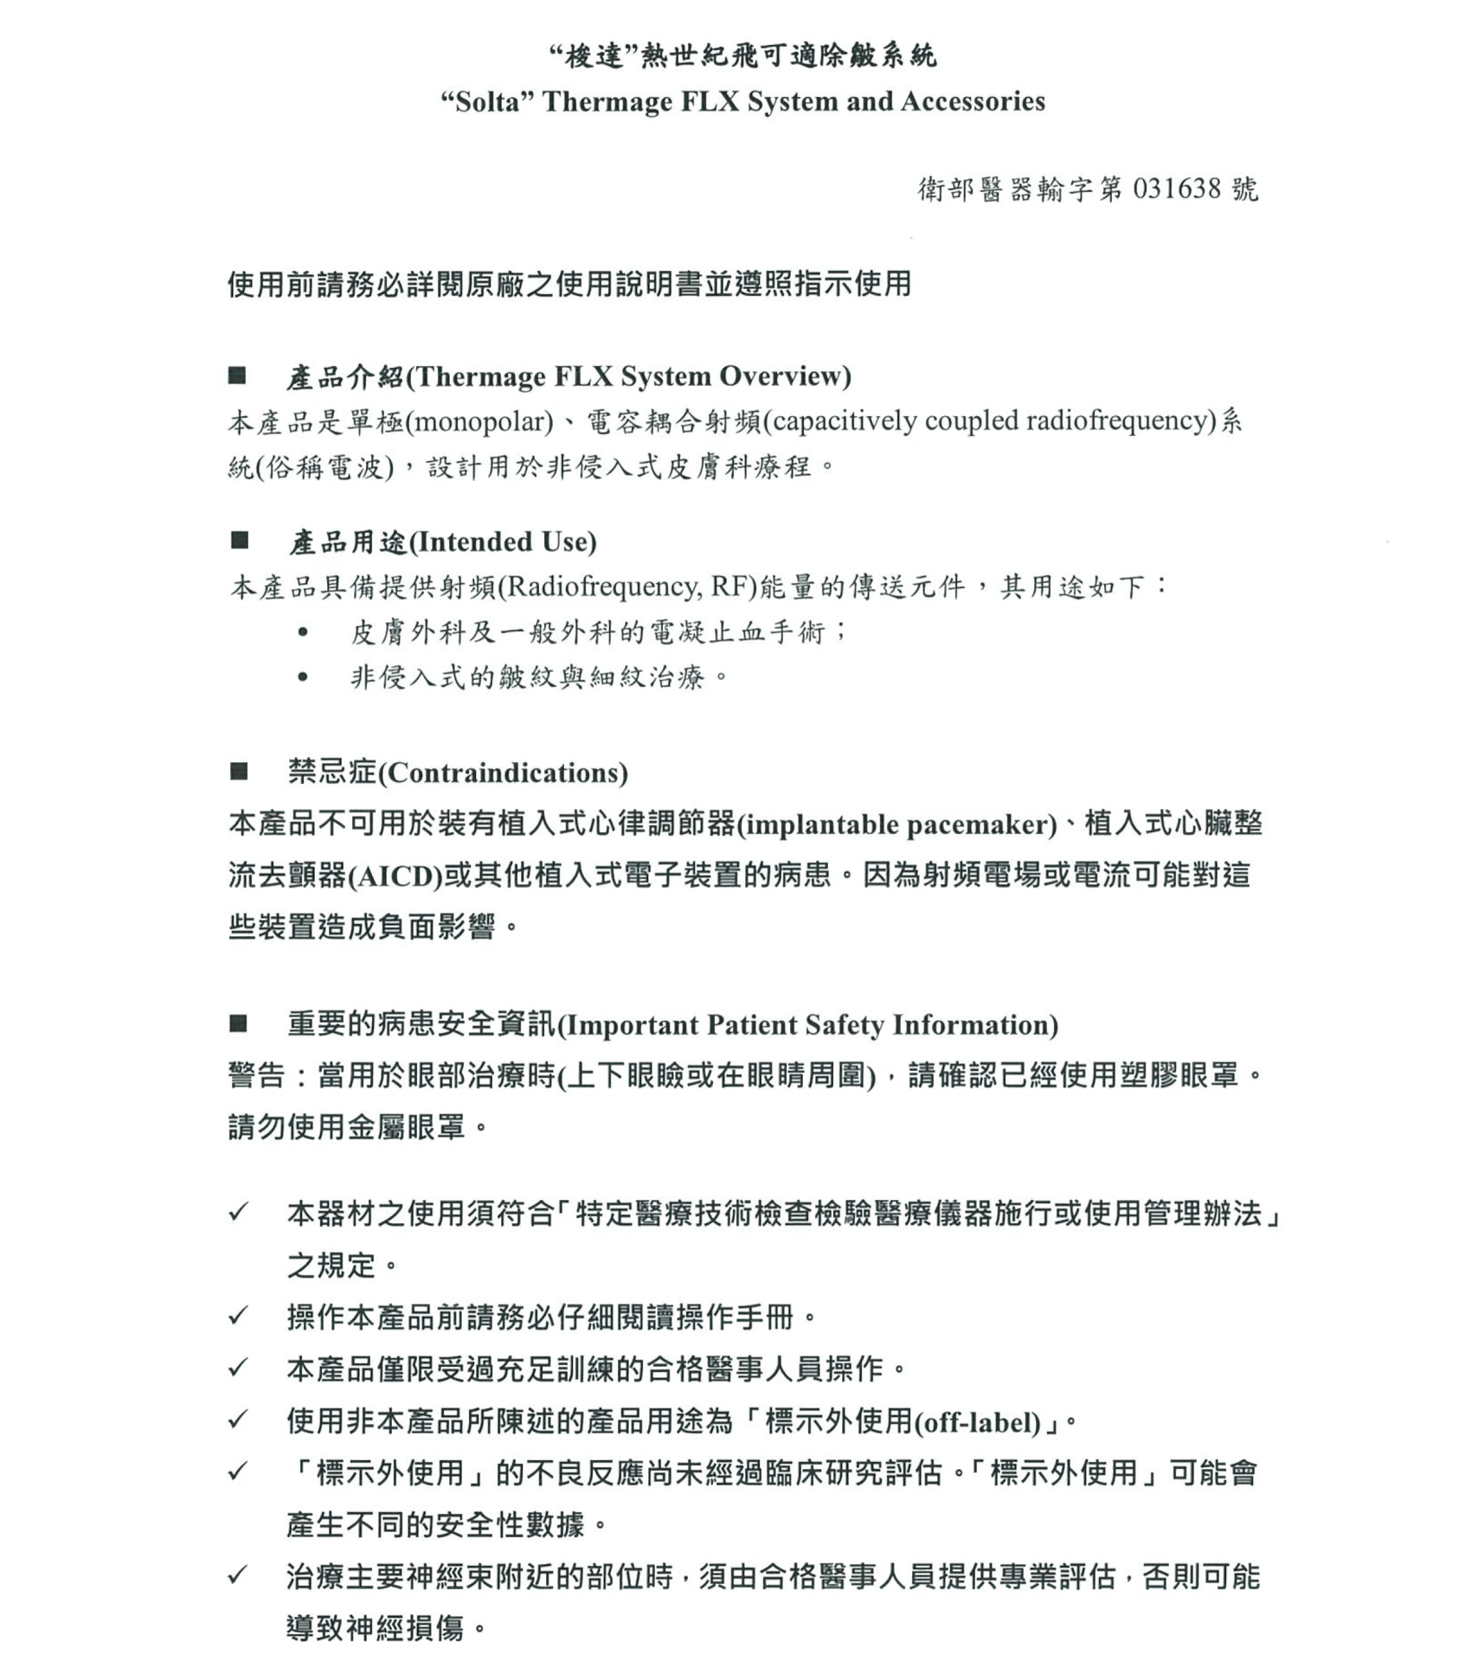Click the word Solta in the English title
489,102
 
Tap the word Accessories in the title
973,101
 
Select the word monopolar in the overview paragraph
479,421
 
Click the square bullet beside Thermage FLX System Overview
237,375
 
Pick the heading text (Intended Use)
502,542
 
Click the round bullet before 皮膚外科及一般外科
302,632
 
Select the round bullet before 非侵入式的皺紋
302,677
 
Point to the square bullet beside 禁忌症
239,771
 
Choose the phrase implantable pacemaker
896,824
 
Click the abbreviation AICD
395,876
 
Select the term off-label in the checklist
977,1423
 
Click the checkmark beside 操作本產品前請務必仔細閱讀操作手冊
238,1317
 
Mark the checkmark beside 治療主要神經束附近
238,1575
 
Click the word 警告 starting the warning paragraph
257,1076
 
